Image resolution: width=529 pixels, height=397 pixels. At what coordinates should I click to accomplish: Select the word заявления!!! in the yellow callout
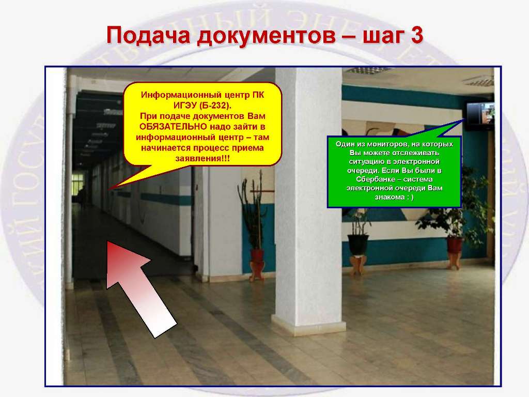pos(203,159)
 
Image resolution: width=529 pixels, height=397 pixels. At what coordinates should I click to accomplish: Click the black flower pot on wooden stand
pos(358,245)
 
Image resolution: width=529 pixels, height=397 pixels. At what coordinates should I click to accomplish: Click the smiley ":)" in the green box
pos(410,197)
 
